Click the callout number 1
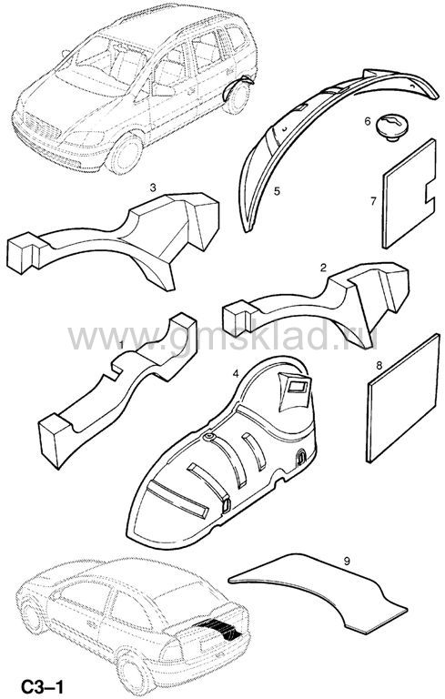pos(120,344)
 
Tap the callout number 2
pos(323,268)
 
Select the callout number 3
pos(153,188)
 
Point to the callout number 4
pos(235,373)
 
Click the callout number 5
pos(277,191)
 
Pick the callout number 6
pos(368,121)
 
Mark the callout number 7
pos(374,201)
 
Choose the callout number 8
pos(379,366)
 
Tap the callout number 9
pos(347,562)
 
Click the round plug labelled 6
pos(391,127)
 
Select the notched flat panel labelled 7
pos(408,194)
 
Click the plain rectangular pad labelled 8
pos(403,398)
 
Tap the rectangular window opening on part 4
pos(298,387)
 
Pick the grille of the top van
pos(41,126)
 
